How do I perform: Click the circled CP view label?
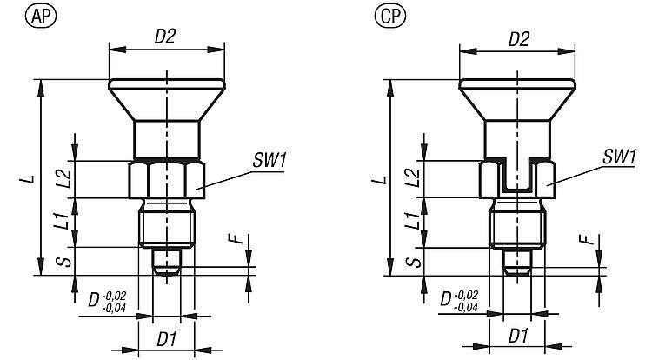pos(388,15)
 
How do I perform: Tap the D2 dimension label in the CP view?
pos(518,38)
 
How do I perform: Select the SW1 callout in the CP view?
pos(619,157)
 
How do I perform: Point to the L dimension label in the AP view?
pos(30,179)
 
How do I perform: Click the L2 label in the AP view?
pos(63,178)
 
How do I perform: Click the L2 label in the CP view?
pos(412,178)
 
